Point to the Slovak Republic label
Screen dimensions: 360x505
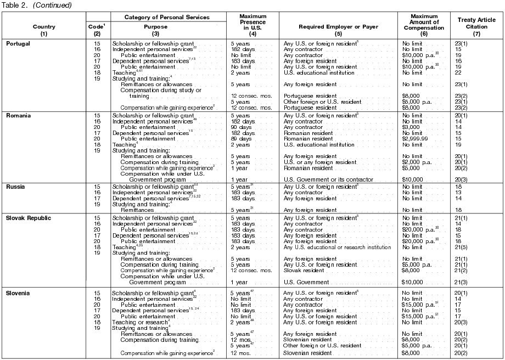27,218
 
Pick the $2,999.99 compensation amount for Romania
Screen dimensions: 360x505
416,139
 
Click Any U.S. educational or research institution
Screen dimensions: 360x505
337,247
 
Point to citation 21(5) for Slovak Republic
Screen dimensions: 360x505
462,247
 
